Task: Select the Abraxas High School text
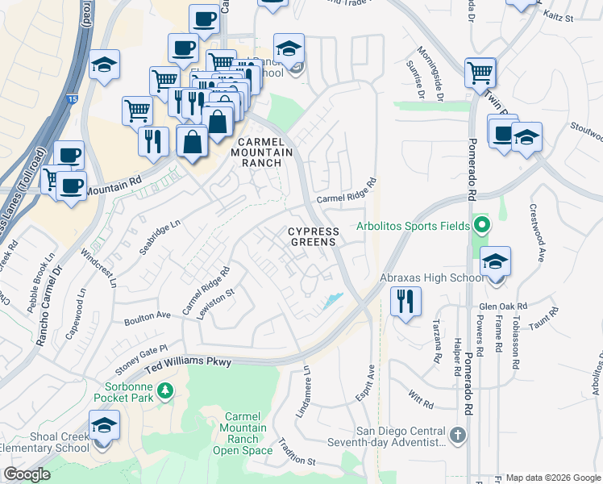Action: click(x=431, y=278)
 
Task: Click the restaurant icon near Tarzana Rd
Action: click(x=405, y=302)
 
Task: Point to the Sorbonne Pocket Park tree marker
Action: click(x=165, y=391)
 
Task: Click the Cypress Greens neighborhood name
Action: click(x=314, y=237)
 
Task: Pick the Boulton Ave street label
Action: click(x=148, y=319)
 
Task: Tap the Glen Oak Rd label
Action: click(x=502, y=307)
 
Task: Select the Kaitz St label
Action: click(x=558, y=15)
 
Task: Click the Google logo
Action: click(x=27, y=474)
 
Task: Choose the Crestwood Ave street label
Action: click(x=536, y=232)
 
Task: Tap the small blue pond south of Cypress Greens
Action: click(x=331, y=302)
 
